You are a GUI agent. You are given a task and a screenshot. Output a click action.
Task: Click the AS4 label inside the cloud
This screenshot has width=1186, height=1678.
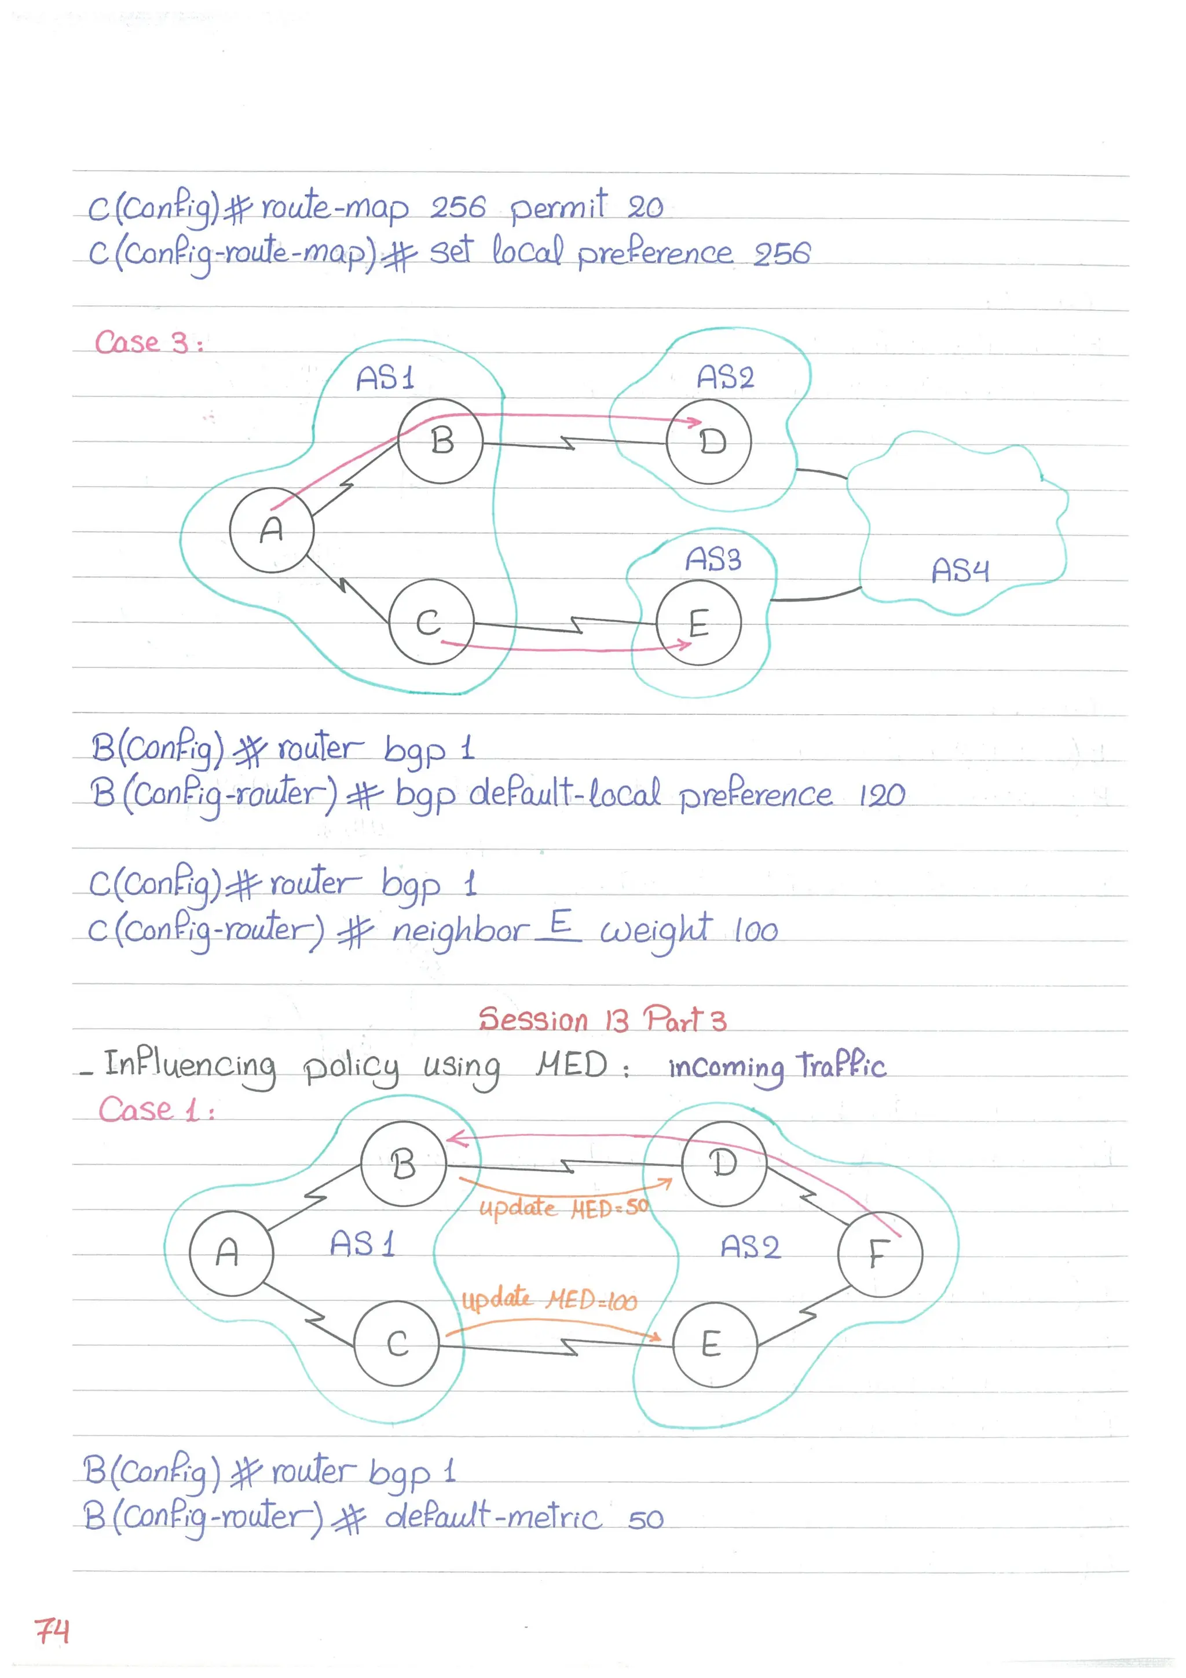coord(960,571)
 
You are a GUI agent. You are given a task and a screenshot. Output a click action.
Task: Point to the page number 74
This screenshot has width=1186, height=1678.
coord(52,1631)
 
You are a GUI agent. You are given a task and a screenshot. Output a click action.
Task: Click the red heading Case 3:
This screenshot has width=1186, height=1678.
coord(149,342)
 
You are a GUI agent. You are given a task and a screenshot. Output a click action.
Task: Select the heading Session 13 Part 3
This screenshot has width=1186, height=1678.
coord(602,1019)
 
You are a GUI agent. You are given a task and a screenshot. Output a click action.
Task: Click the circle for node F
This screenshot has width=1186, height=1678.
coord(880,1253)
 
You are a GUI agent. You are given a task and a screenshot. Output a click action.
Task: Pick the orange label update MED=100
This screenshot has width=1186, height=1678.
coord(549,1299)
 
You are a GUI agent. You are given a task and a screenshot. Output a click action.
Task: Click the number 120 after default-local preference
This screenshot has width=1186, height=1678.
coord(882,795)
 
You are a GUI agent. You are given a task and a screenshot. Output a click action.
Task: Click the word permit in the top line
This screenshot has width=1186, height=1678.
coord(558,207)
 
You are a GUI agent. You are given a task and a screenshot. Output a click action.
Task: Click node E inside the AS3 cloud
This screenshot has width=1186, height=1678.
coord(698,623)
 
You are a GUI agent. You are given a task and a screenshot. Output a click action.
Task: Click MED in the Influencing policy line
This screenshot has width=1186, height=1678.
coord(572,1064)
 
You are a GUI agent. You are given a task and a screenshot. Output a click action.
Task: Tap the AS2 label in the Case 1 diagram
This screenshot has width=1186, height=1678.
coord(750,1246)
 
